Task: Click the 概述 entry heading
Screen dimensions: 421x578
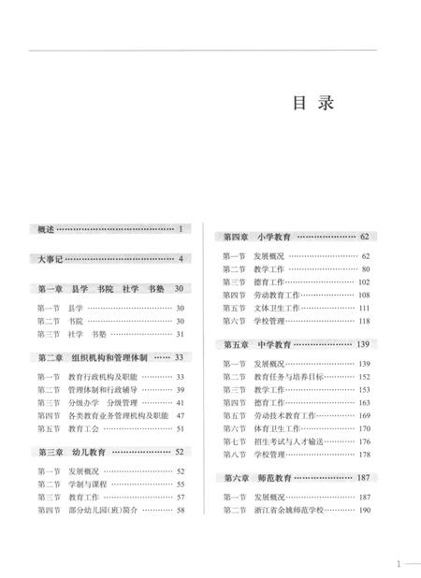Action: click(x=46, y=228)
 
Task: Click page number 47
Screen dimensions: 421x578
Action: click(x=181, y=415)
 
